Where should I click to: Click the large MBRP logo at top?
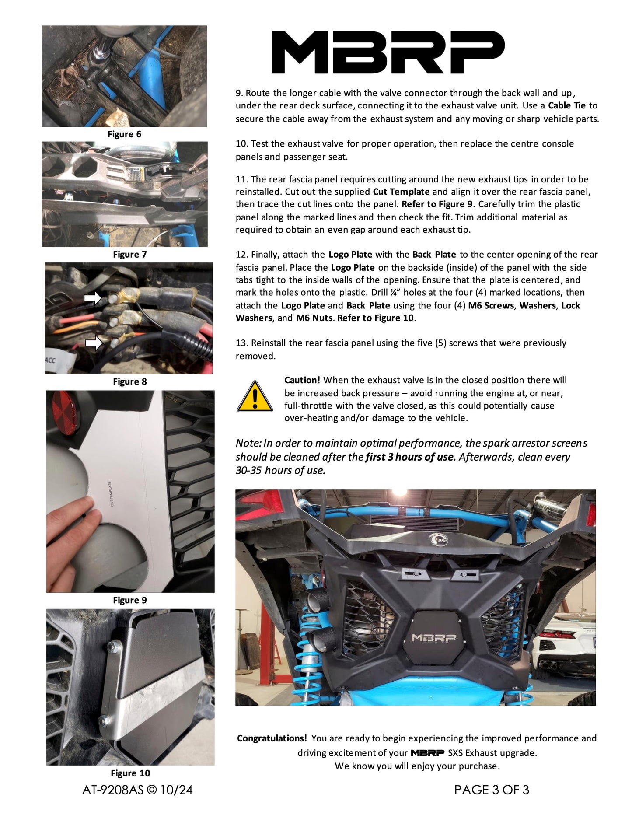pos(388,52)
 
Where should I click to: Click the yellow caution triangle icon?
pos(255,397)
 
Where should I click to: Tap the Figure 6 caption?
pos(124,134)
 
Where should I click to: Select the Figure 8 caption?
pos(129,381)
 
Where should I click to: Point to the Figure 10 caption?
pos(130,773)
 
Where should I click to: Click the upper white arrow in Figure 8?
pos(92,298)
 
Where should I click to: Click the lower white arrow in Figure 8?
pos(93,343)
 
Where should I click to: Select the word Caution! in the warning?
pos(302,380)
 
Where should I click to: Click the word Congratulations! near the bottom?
pos(272,738)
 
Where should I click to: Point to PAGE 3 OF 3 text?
pos(492,790)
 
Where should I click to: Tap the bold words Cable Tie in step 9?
pos(566,105)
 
